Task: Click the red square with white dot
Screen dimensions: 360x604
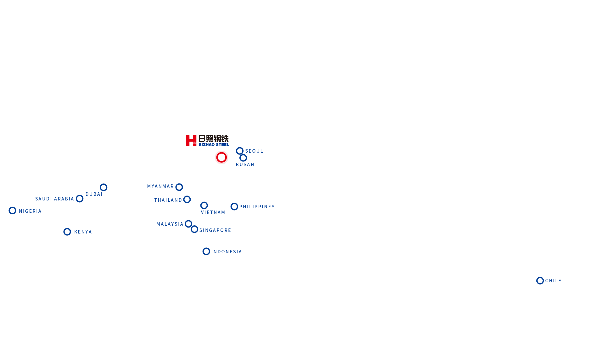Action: point(221,157)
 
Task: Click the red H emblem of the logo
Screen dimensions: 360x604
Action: point(191,140)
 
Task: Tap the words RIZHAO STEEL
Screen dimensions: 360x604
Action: point(214,145)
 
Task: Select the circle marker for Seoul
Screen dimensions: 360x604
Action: point(240,151)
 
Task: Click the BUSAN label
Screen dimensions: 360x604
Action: point(245,165)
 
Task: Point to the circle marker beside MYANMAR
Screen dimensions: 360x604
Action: point(179,187)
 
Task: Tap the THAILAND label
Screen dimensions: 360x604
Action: point(168,200)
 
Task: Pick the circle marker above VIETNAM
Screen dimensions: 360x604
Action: point(204,205)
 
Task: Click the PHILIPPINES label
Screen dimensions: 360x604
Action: point(257,207)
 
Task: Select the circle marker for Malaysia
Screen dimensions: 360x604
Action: point(188,224)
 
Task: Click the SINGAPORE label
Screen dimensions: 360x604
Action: point(215,230)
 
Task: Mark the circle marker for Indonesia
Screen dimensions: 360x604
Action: point(206,251)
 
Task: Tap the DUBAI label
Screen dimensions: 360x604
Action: point(94,194)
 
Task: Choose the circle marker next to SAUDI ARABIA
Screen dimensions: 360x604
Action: point(80,199)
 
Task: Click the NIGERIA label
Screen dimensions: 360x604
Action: point(30,211)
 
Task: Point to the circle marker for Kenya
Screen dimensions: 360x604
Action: point(67,232)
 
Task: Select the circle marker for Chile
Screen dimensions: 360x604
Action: point(540,280)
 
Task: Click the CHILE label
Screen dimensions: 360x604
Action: point(553,281)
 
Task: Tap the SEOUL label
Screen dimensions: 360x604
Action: point(254,151)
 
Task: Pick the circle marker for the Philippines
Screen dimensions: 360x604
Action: point(234,207)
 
